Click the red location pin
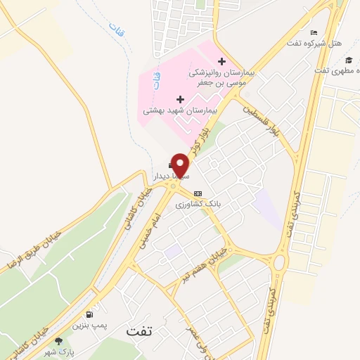coord(181,165)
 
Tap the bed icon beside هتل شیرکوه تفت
coord(314,32)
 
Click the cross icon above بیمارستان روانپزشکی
coord(222,61)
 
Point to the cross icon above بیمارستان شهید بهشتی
coord(181,99)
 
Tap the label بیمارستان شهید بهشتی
coord(181,111)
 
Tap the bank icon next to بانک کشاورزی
coord(198,193)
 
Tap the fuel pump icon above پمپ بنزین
coord(89,314)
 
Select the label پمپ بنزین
coord(89,326)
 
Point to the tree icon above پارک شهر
coord(58,341)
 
